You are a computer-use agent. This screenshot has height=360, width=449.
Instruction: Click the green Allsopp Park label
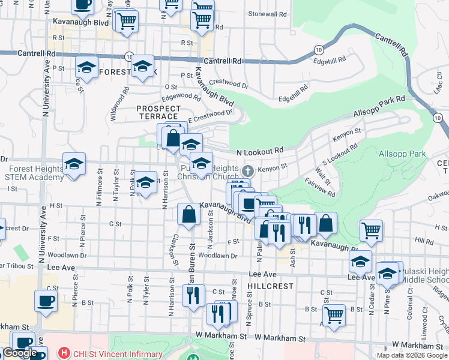[x=402, y=154]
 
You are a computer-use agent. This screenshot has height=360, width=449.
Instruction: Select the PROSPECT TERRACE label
[x=157, y=112]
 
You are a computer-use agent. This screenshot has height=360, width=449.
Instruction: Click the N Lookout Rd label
[x=260, y=152]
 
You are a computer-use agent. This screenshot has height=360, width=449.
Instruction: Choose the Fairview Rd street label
[x=319, y=187]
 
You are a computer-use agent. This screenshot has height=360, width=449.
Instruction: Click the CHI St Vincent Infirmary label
[x=118, y=354]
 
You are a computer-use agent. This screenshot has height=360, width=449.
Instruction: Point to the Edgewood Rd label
[x=180, y=96]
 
